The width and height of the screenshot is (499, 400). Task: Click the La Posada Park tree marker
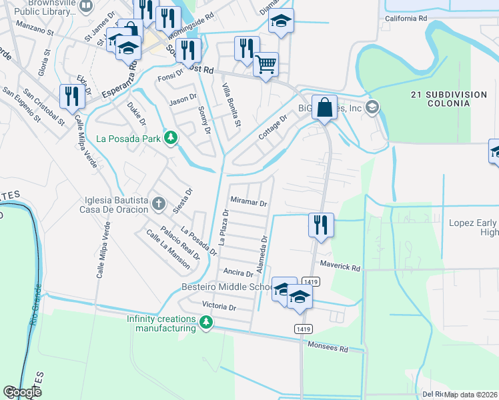(x=171, y=138)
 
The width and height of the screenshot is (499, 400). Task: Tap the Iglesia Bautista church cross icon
(x=158, y=203)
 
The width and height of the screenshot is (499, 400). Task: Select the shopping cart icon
(x=266, y=65)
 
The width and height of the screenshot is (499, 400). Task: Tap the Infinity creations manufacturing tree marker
(x=206, y=323)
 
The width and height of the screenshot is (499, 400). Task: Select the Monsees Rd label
(x=328, y=348)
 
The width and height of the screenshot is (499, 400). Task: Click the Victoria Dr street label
(x=219, y=308)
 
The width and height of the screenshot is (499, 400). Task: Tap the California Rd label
(x=405, y=19)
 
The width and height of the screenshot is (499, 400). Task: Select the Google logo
(x=22, y=392)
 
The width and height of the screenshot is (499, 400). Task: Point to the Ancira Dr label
(x=238, y=273)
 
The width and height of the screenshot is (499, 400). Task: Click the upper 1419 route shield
(x=309, y=282)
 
